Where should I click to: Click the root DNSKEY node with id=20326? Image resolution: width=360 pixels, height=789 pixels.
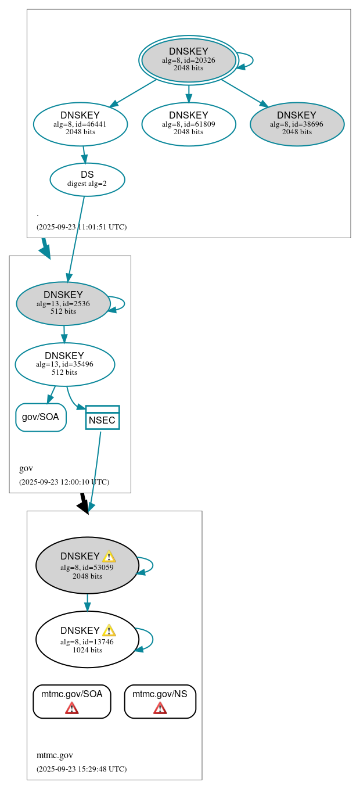(189, 60)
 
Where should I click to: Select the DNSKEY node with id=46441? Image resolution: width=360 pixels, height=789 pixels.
(80, 124)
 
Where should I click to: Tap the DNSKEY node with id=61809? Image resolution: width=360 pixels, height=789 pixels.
(189, 124)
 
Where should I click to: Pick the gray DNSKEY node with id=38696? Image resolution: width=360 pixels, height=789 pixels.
(297, 124)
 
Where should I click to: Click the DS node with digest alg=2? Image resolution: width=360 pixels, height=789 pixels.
(87, 179)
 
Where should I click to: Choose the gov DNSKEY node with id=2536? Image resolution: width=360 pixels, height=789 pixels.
(63, 303)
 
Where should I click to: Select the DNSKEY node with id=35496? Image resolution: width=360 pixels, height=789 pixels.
(64, 364)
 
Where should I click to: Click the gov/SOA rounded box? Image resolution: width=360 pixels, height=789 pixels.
(41, 417)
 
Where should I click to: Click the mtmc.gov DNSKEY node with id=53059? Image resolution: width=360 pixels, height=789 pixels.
(87, 565)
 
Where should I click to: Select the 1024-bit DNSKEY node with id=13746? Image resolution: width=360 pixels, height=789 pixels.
(87, 639)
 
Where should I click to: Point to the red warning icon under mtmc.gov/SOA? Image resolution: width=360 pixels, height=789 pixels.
(71, 708)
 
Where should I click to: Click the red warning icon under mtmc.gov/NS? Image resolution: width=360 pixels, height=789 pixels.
(160, 708)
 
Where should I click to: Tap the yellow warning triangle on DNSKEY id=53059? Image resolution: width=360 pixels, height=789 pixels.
(109, 556)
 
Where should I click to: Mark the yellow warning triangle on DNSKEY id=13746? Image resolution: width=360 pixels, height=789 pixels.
(109, 630)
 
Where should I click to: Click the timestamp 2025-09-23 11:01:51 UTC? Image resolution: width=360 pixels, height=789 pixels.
(81, 227)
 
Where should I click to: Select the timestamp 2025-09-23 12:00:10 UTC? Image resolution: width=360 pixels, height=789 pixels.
(64, 482)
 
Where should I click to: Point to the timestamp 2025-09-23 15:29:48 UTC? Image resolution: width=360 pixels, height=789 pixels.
(81, 769)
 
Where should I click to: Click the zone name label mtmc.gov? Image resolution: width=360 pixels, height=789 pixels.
(55, 755)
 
